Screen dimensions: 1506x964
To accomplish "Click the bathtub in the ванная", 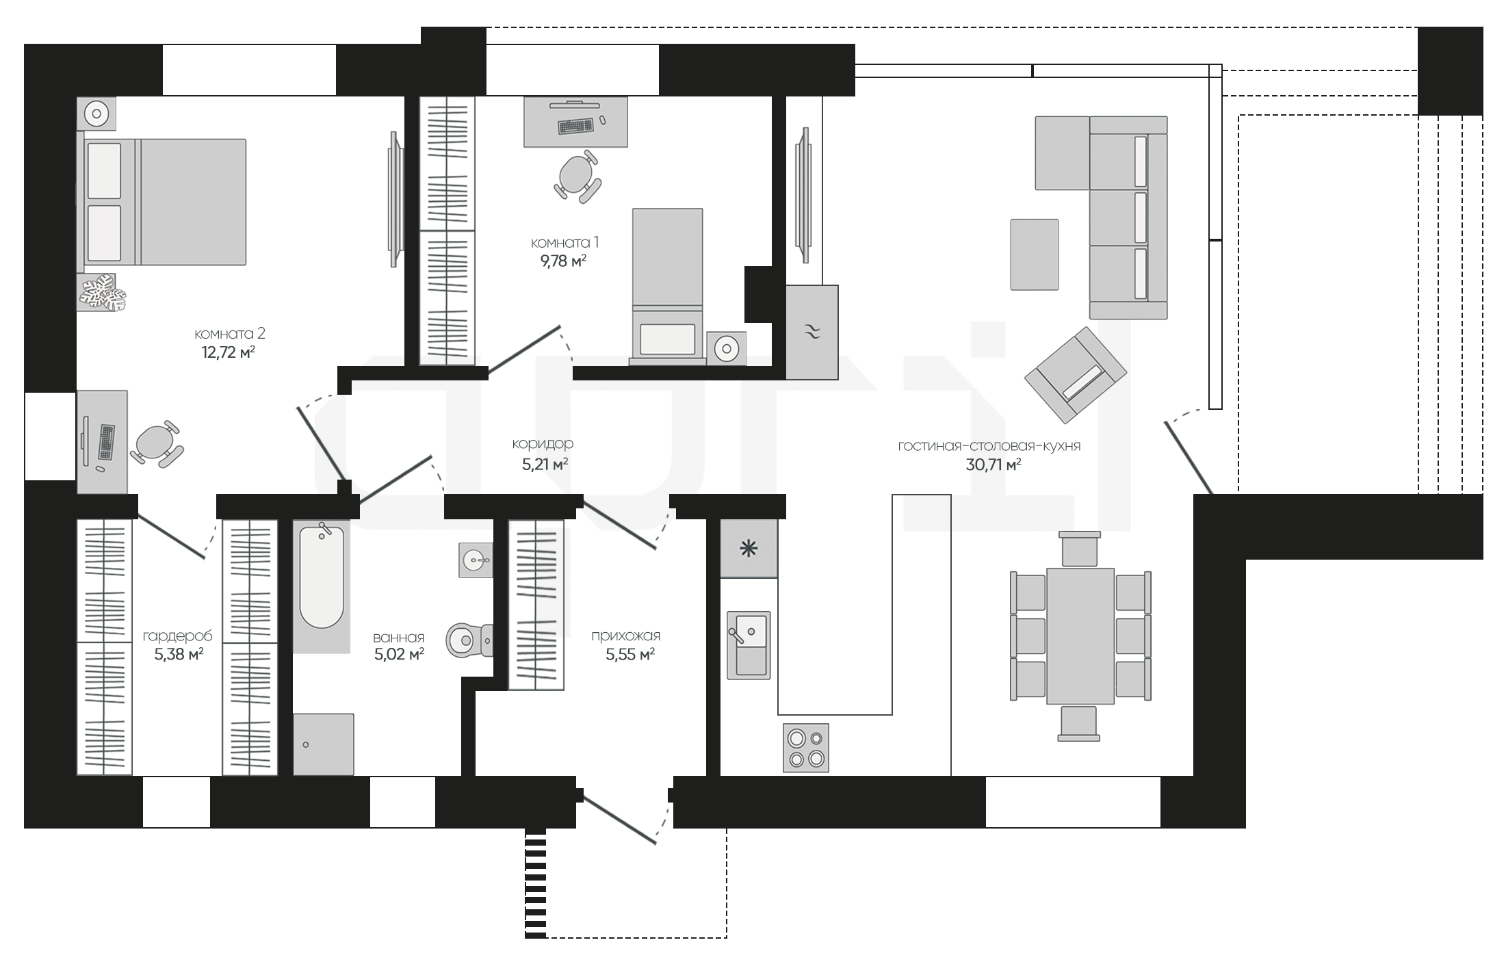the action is click(x=322, y=586).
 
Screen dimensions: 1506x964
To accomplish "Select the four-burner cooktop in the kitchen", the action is click(x=806, y=748).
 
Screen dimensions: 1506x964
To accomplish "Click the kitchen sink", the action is click(x=749, y=645).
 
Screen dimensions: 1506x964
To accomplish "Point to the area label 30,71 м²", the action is click(x=994, y=465).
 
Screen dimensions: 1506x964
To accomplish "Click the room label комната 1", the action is click(x=565, y=243).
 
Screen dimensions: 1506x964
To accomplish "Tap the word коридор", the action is click(x=543, y=444).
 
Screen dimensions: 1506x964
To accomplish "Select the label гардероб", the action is click(x=178, y=636).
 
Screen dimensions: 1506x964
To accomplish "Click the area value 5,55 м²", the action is click(x=630, y=655).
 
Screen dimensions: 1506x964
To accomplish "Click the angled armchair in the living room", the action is click(x=1075, y=374).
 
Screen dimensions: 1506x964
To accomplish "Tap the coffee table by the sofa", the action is click(x=1035, y=255).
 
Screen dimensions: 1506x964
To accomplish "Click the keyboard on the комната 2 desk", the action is click(x=107, y=442).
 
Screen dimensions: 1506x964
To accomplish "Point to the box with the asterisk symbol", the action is click(x=749, y=548).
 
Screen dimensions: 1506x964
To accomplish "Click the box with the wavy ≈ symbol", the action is click(x=812, y=333).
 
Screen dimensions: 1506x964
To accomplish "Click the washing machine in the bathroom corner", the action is click(x=324, y=744).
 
